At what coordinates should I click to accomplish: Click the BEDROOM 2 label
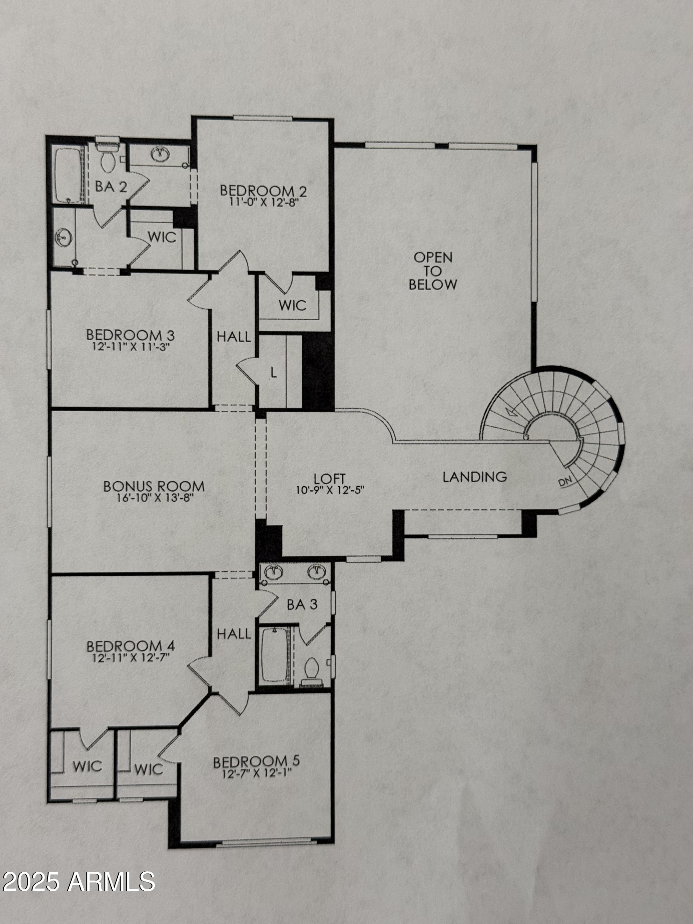263,190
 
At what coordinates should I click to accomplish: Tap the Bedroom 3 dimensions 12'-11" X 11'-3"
131,347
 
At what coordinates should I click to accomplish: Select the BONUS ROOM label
154,486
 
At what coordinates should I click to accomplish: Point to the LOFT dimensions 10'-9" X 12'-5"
330,490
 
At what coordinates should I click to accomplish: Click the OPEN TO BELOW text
433,271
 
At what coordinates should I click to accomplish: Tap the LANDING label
474,477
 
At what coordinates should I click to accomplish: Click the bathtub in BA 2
68,175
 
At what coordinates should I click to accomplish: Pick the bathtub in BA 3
274,654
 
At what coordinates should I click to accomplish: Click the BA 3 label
302,604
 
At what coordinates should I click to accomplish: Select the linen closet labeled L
274,372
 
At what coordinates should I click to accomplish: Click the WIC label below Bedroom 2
292,305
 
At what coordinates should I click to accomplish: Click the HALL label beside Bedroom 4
234,634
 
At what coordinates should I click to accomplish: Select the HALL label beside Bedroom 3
234,337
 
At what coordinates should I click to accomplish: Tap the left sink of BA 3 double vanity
274,572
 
